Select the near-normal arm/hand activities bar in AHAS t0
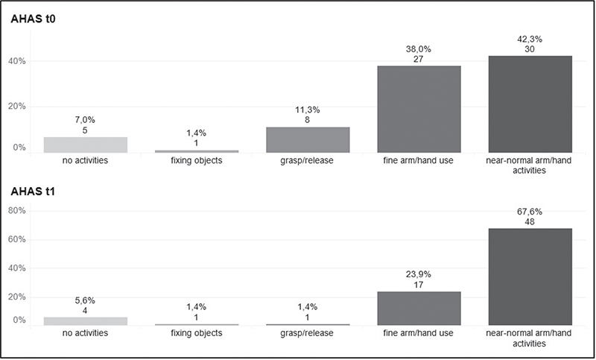pos(530,104)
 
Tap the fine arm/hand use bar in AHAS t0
pos(419,110)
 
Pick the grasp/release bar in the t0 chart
pos(308,140)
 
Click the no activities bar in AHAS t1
pos(86,321)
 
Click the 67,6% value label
pos(530,212)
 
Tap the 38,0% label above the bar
pos(419,48)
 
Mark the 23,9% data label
pos(419,274)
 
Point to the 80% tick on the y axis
pos(16,211)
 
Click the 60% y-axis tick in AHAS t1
pos(16,239)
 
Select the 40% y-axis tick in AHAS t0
pos(16,61)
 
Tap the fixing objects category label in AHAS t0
pos(197,160)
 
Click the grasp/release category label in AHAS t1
pos(308,333)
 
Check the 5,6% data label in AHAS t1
pos(86,300)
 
